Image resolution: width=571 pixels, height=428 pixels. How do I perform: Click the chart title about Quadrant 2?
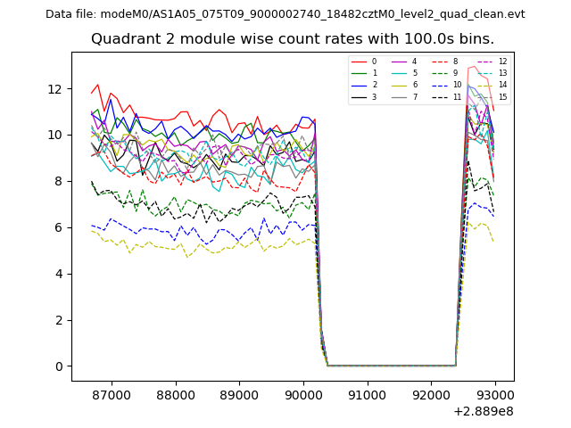292,39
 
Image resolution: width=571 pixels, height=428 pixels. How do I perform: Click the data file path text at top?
285,14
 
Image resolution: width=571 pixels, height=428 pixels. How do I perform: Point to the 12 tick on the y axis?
56,89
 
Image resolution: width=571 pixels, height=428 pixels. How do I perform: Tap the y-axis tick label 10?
56,136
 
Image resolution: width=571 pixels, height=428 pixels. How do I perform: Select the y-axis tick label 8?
60,182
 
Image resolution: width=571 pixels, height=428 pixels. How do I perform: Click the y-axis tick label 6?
60,227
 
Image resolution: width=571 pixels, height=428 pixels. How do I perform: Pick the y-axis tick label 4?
60,274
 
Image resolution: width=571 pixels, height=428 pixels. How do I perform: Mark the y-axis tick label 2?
60,320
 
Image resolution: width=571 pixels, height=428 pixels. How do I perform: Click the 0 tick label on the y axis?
60,366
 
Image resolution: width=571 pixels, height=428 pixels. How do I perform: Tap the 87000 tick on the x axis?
112,392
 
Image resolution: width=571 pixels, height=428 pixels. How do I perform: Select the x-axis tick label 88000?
175,392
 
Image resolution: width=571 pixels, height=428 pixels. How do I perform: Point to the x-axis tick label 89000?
239,392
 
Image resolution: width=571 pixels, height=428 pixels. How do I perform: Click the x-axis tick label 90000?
303,392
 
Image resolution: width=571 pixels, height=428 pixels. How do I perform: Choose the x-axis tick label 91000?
367,392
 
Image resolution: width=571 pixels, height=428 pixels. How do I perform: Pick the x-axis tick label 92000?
431,392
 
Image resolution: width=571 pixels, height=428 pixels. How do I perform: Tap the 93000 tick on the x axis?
495,392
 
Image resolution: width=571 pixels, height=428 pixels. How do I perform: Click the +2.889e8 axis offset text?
483,411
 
